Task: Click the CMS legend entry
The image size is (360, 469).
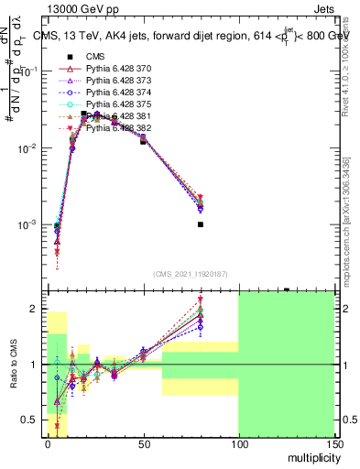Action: tap(97, 57)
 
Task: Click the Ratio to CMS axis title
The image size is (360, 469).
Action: tap(14, 364)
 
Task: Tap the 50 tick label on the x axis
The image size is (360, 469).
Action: tap(142, 442)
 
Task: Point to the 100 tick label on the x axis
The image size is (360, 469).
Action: tap(238, 442)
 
